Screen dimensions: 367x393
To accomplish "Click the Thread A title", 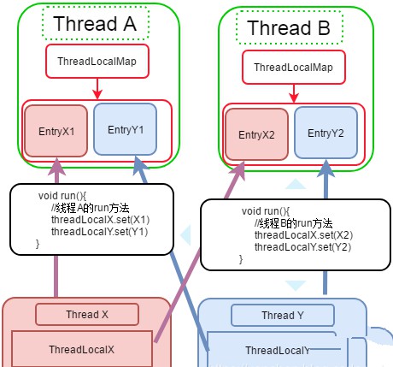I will coord(95,23).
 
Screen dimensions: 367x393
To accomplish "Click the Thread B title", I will coord(288,27).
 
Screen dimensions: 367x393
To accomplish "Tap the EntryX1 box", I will coord(56,130).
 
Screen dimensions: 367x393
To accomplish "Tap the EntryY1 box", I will coord(126,130).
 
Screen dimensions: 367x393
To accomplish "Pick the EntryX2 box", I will coord(255,134).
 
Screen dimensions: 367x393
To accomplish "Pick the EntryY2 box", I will coord(326,134).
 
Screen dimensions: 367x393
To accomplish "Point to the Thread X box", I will coord(87,314).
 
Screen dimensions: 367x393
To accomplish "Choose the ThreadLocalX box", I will coord(82,349).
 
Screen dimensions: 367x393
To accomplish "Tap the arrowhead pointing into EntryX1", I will coord(56,163).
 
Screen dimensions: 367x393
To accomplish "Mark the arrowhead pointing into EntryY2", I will coord(325,169).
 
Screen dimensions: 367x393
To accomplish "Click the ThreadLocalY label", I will coord(276,351).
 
